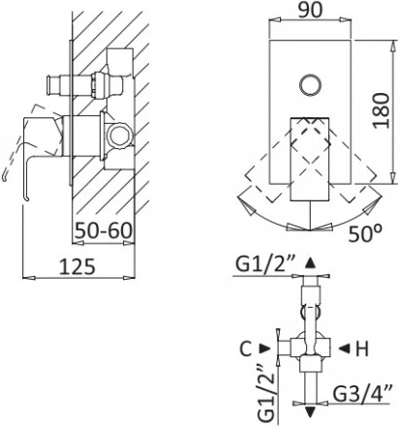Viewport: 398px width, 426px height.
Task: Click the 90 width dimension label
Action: click(x=310, y=11)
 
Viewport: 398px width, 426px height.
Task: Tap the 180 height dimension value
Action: click(x=381, y=110)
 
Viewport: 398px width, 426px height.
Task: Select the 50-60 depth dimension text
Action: click(x=104, y=230)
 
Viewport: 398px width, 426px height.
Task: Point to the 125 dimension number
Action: click(x=77, y=266)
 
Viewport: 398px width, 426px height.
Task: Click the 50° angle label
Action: click(x=365, y=233)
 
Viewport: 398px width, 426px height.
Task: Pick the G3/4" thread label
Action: click(x=362, y=393)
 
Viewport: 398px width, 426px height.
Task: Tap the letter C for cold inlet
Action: click(x=246, y=349)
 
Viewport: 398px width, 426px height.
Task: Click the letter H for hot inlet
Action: click(x=362, y=349)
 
